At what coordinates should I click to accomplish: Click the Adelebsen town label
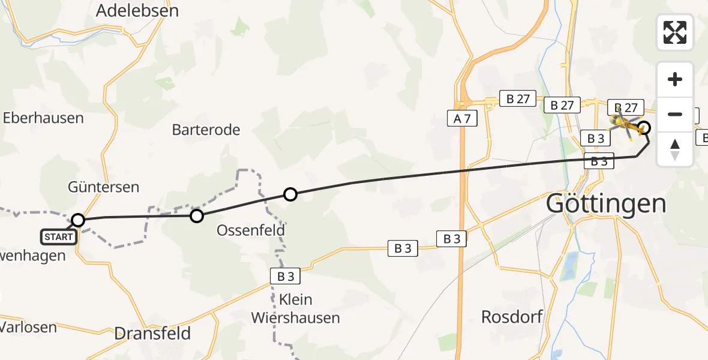(x=137, y=11)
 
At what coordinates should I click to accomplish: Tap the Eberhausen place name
(x=43, y=118)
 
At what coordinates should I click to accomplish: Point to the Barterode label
(x=206, y=130)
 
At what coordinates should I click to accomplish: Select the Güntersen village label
(x=104, y=187)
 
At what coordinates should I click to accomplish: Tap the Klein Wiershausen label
(x=295, y=308)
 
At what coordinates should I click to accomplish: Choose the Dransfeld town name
(x=152, y=334)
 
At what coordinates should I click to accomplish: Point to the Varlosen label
(x=28, y=328)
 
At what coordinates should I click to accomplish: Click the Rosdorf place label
(x=512, y=317)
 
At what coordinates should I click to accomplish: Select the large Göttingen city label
(x=606, y=204)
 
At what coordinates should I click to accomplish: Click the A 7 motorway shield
(x=462, y=119)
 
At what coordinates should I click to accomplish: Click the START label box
(x=58, y=237)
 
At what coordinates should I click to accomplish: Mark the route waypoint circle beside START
(x=78, y=220)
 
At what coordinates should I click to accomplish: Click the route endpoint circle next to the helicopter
(x=644, y=127)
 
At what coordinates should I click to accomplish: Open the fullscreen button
(x=675, y=32)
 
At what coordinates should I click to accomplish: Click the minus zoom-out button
(x=675, y=114)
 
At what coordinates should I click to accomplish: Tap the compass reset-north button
(x=675, y=149)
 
